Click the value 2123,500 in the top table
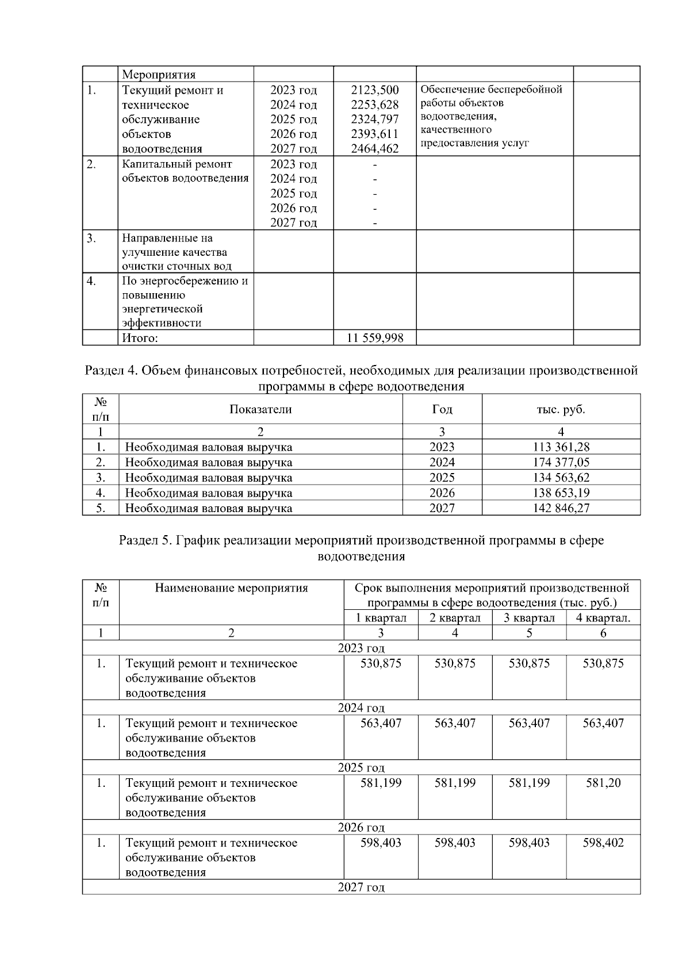pyautogui.click(x=374, y=90)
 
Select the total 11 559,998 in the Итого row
pyautogui.click(x=374, y=338)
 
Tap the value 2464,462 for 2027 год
pyautogui.click(x=374, y=149)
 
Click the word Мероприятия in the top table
pyautogui.click(x=159, y=74)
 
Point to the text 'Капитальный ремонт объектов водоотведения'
pyautogui.click(x=185, y=171)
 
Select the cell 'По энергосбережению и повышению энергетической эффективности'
pyautogui.click(x=185, y=302)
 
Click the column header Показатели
pyautogui.click(x=260, y=409)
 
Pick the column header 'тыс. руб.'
pyautogui.click(x=561, y=409)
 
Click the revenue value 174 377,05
pyautogui.click(x=561, y=462)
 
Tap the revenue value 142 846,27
pyautogui.click(x=561, y=508)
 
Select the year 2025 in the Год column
pyautogui.click(x=442, y=478)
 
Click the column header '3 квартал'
pyautogui.click(x=529, y=618)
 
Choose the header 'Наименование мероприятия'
pyautogui.click(x=231, y=588)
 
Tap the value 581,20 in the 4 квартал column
pyautogui.click(x=603, y=783)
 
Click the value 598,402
pyautogui.click(x=603, y=843)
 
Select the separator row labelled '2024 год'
pyautogui.click(x=361, y=708)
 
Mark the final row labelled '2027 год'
pyautogui.click(x=361, y=887)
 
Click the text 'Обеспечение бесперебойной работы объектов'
pyautogui.click(x=491, y=96)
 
